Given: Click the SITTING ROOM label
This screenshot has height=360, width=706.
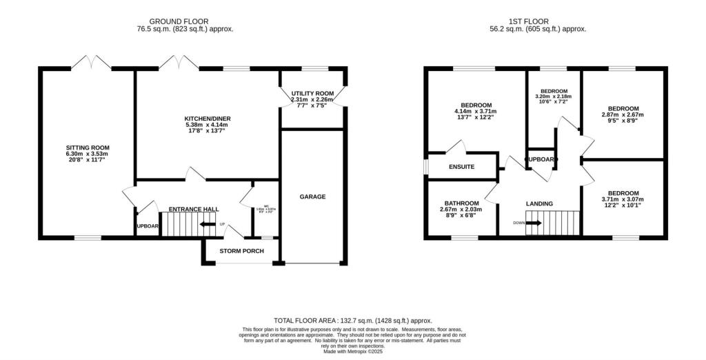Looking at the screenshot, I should (88, 148).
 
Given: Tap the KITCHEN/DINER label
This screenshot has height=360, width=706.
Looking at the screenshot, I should (207, 119).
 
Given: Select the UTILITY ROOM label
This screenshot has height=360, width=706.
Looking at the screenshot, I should (312, 93).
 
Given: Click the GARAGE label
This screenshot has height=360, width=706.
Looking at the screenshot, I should (312, 197).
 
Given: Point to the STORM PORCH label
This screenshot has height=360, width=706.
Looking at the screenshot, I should (241, 251).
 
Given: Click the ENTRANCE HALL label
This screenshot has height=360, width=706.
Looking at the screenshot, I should (194, 208).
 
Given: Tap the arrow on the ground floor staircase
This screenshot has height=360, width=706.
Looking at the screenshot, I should (206, 224).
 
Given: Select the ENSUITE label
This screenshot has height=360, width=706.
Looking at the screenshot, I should (461, 167).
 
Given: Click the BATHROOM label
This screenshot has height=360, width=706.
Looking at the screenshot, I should (461, 203).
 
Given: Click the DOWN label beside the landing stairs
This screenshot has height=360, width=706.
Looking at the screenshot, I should (518, 223).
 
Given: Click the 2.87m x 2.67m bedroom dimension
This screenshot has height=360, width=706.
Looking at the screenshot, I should (623, 114).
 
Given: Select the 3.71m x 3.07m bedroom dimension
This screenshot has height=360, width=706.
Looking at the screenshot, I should (623, 199).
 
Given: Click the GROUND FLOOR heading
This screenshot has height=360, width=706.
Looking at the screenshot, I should (179, 21).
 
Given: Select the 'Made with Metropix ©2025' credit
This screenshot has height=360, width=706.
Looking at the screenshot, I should (352, 351).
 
